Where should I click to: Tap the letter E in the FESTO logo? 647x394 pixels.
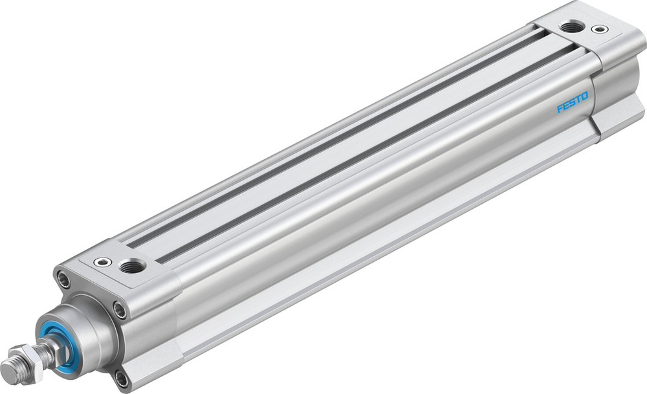[x=565, y=106]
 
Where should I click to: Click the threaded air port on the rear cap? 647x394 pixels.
[x=571, y=27]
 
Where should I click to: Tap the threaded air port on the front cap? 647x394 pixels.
[x=132, y=265]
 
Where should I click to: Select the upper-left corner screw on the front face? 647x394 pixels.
[x=63, y=280]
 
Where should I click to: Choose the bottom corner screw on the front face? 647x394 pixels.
[x=122, y=377]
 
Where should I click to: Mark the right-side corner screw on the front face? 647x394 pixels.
[x=119, y=309]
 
